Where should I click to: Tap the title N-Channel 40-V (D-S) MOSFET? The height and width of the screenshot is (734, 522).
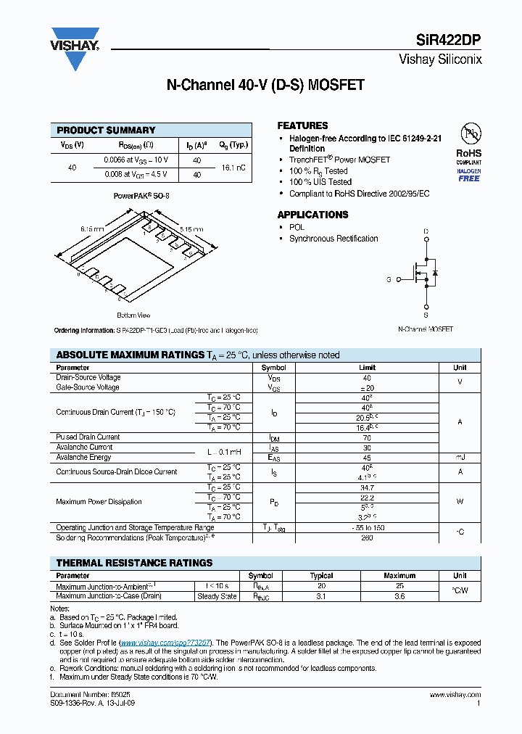click(265, 85)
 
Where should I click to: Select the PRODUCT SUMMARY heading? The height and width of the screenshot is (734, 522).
click(106, 130)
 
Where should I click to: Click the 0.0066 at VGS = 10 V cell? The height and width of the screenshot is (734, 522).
click(136, 160)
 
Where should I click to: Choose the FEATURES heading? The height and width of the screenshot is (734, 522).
click(302, 125)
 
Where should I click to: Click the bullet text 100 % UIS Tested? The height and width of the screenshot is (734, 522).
click(320, 182)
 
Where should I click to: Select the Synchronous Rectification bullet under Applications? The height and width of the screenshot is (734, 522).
click(333, 239)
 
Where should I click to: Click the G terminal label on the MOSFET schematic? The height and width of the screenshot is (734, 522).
click(389, 279)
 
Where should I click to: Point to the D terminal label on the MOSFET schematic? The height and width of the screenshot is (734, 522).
click(426, 232)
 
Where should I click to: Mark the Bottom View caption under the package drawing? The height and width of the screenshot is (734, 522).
click(133, 316)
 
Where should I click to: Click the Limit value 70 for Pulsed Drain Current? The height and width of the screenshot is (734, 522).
click(367, 437)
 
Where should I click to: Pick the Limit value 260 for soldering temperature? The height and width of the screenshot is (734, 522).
click(367, 538)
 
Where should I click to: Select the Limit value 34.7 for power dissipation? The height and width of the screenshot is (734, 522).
click(367, 487)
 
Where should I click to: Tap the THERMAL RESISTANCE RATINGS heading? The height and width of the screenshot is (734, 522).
click(134, 563)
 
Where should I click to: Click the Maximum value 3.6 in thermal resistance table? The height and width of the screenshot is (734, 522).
click(399, 596)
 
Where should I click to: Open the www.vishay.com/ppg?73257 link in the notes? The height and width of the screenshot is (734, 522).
click(165, 643)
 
